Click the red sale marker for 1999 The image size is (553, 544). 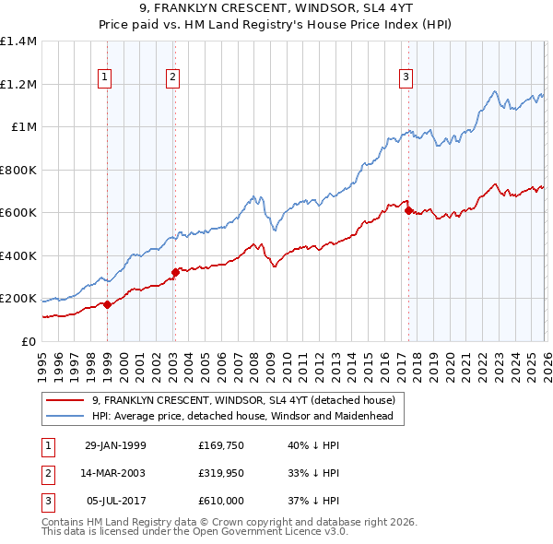pos(108,304)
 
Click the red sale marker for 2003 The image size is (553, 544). pos(175,272)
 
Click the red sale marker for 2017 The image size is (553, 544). pos(407,210)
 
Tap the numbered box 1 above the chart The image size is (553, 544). pos(105,77)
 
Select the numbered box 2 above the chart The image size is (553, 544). pos(172,77)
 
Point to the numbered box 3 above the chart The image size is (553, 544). pos(405,77)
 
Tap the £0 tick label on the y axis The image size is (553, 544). pos(29,341)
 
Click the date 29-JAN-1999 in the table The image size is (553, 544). pos(115,445)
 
